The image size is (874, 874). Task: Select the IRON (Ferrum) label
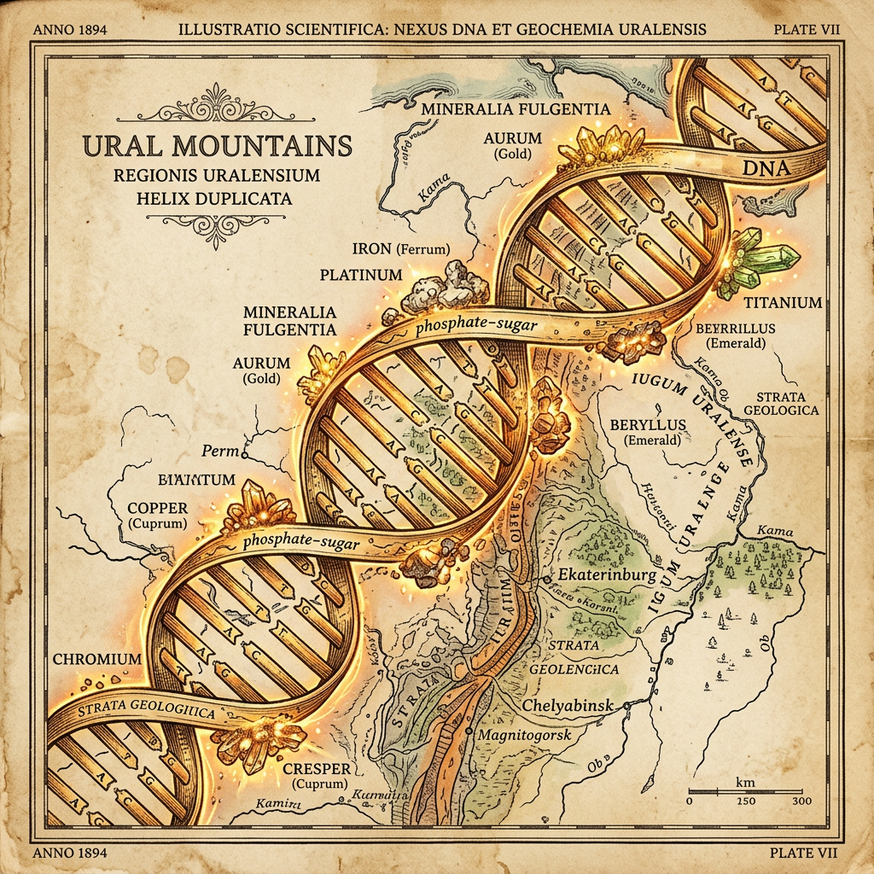pos(400,249)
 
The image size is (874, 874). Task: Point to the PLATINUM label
pos(360,276)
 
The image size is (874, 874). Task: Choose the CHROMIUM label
pos(96,659)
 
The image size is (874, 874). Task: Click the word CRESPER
pos(320,767)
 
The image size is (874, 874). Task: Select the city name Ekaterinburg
pos(606,574)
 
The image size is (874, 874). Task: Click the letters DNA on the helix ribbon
pos(769,169)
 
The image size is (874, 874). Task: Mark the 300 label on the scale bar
pos(801,801)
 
